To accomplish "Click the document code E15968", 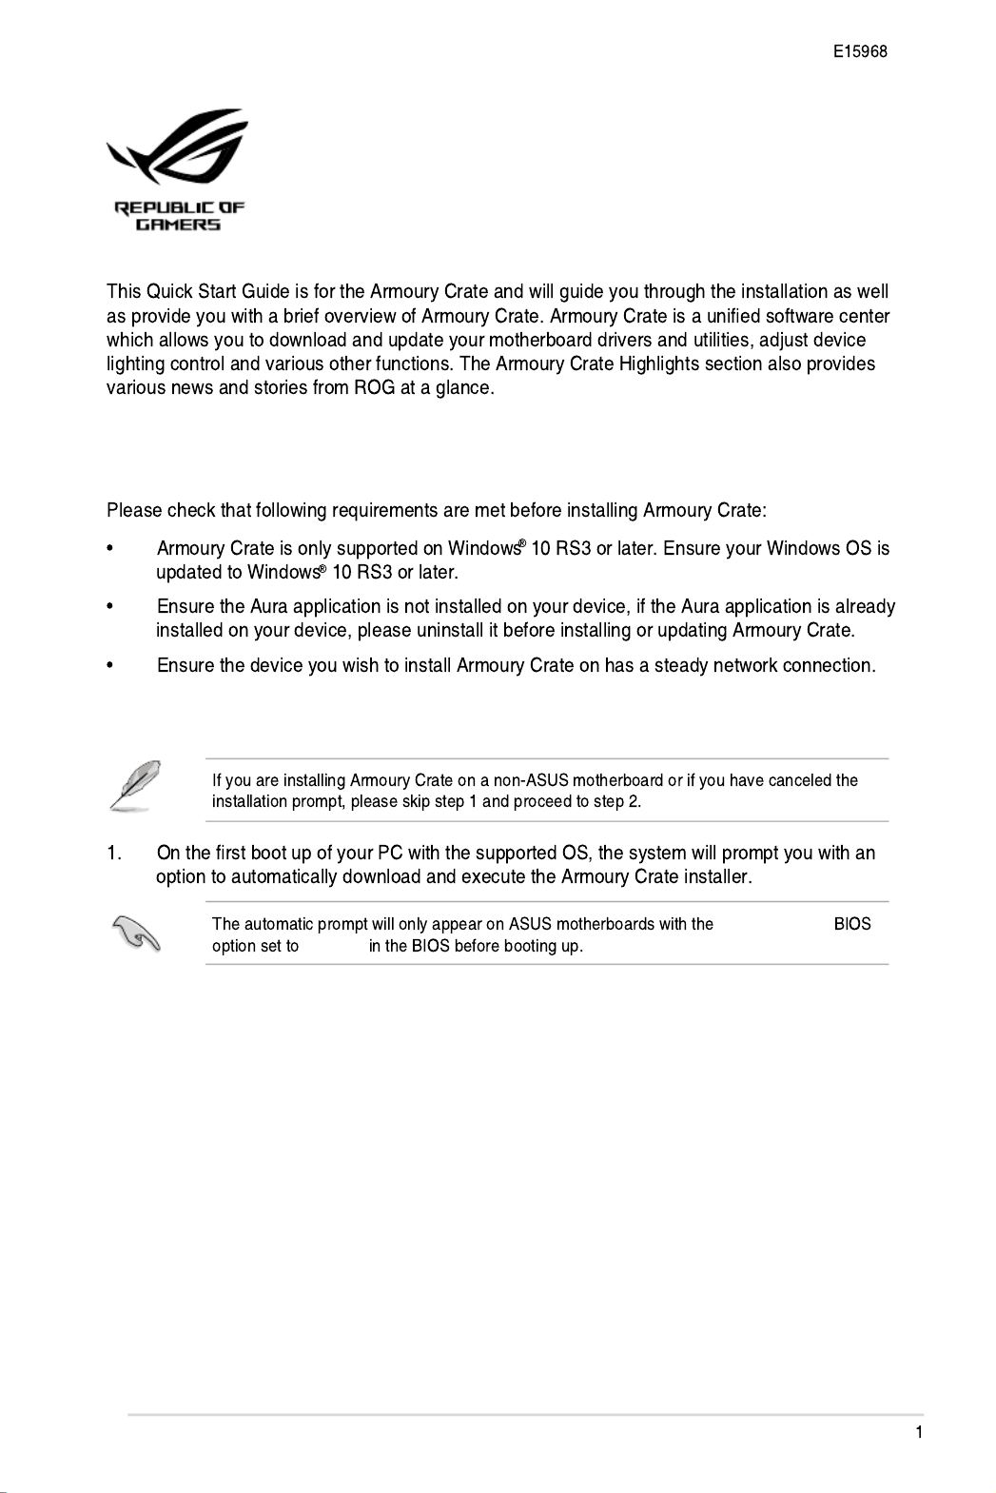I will tap(860, 52).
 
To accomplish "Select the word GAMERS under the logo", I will tap(178, 226).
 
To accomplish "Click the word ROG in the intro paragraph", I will tap(375, 387).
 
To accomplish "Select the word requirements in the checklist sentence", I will tap(384, 510).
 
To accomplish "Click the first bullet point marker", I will tap(111, 549).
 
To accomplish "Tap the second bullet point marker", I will tap(111, 607).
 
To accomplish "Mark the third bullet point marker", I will tap(111, 666).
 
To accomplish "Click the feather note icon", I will tap(135, 786).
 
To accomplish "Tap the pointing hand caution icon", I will tap(136, 933).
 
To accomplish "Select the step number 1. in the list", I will tap(114, 853).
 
